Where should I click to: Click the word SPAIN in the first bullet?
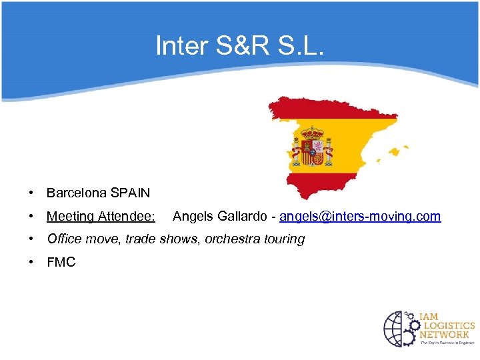(131, 193)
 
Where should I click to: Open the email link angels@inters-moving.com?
(360, 217)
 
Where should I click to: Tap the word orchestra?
(231, 239)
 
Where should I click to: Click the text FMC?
(61, 263)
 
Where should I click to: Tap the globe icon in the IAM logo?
(399, 329)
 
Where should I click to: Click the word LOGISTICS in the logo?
(447, 326)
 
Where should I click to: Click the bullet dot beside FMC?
(31, 263)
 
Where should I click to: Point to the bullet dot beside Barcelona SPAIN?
(31, 193)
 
